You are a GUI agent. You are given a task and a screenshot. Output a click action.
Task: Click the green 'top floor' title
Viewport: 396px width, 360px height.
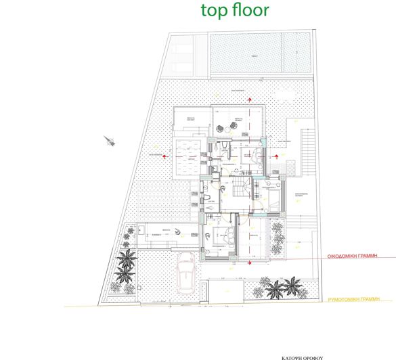tap(235, 10)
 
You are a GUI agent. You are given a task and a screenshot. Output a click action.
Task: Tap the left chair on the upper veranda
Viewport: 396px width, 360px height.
tap(220, 128)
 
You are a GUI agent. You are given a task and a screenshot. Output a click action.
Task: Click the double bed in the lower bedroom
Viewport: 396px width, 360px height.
tap(224, 237)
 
